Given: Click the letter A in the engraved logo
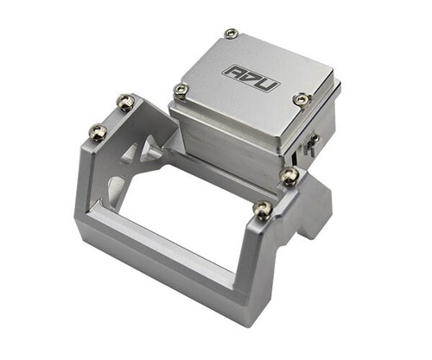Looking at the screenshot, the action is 234,72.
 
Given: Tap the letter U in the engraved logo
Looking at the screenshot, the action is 269,85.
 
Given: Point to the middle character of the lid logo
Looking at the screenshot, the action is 251,78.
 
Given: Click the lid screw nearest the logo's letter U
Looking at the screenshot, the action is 302,99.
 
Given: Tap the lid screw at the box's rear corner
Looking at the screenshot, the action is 232,34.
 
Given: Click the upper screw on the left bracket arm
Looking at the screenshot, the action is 125,102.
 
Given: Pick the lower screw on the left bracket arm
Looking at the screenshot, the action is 98,132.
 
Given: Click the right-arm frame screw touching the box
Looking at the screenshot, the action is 289,175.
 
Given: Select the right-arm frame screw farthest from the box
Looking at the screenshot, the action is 262,209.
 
